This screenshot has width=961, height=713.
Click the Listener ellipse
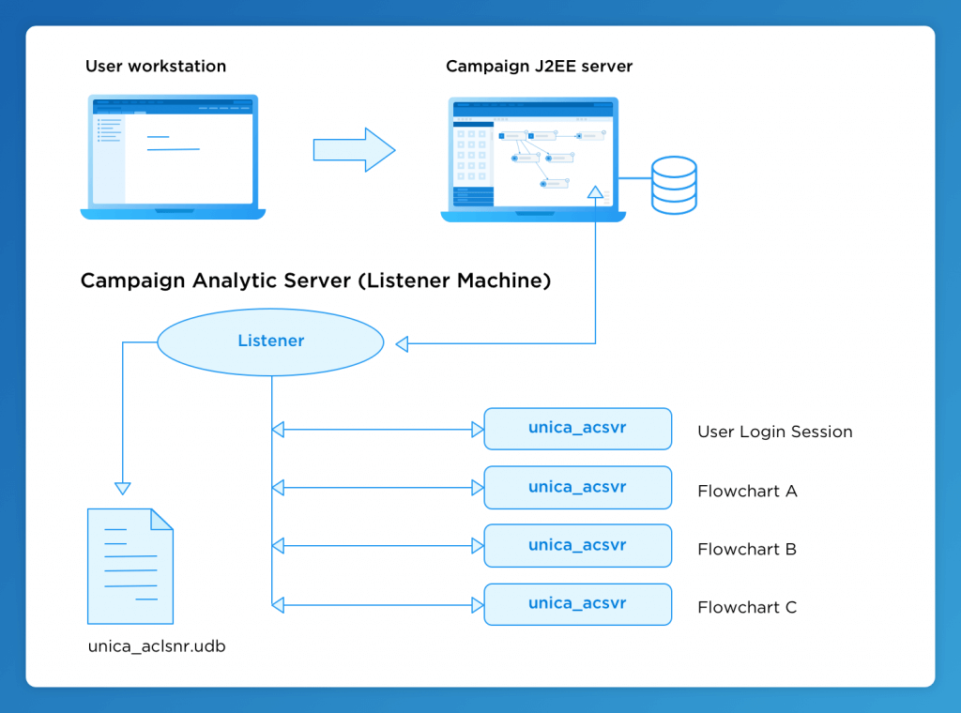click(270, 341)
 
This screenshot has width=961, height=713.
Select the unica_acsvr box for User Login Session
click(577, 429)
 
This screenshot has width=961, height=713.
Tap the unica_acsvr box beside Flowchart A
click(577, 487)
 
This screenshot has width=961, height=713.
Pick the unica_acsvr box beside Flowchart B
click(577, 545)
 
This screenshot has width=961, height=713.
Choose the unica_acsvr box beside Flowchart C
click(577, 603)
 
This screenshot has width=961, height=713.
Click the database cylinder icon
click(674, 185)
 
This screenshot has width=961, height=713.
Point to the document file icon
click(130, 566)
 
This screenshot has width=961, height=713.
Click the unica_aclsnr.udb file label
click(157, 646)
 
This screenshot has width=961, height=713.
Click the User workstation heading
click(156, 67)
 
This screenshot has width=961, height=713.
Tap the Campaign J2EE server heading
click(539, 67)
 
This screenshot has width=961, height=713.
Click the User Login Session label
click(774, 432)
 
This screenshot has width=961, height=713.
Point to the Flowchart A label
click(747, 491)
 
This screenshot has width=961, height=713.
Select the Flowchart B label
click(747, 549)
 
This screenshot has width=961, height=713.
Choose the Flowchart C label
click(747, 607)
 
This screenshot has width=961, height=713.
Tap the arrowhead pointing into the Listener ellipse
click(403, 344)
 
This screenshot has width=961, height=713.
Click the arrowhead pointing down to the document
click(123, 488)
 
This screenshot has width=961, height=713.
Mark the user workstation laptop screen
click(173, 151)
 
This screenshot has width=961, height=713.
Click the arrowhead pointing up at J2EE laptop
click(595, 192)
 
